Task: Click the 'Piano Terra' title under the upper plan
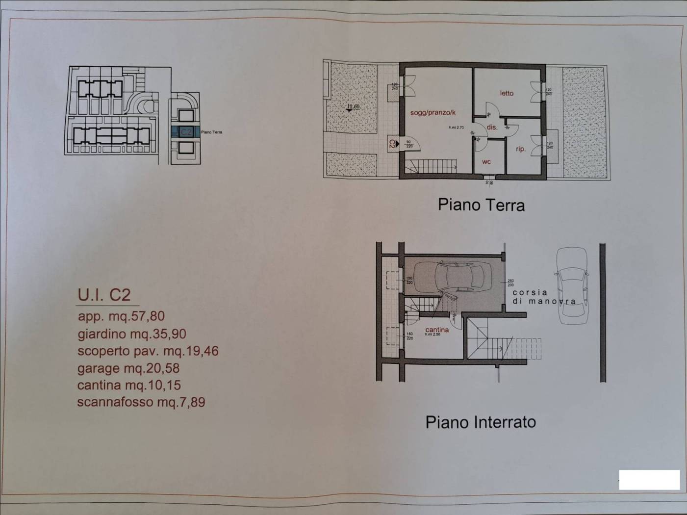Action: [x=481, y=205]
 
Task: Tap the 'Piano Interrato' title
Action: [x=480, y=422]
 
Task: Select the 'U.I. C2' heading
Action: [x=104, y=295]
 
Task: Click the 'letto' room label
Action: [x=507, y=93]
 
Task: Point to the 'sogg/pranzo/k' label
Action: [x=433, y=113]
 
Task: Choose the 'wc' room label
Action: [x=486, y=162]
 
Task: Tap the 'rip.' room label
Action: [x=520, y=149]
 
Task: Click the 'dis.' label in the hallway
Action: [x=492, y=128]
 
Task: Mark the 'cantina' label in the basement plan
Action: [x=436, y=330]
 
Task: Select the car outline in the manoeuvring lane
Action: [x=572, y=285]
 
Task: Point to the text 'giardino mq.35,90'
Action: [x=131, y=334]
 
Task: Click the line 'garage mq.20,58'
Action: [x=128, y=368]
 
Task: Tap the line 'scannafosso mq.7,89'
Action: [x=141, y=402]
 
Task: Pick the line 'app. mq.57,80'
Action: [x=121, y=316]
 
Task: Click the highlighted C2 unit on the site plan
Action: [x=185, y=132]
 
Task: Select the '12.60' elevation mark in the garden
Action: [x=353, y=107]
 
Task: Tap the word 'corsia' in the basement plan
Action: [x=530, y=292]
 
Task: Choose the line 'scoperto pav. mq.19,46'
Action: [x=148, y=351]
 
